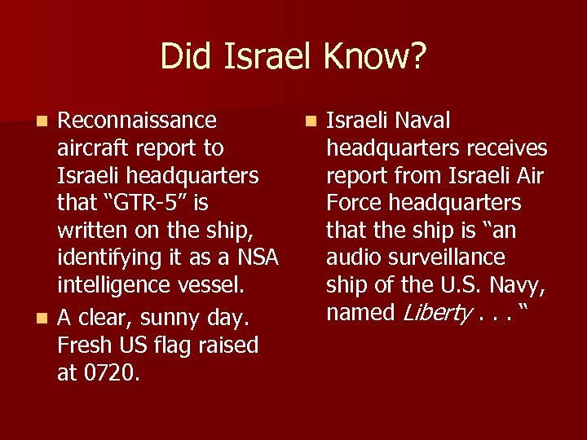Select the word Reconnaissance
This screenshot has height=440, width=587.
coord(137,121)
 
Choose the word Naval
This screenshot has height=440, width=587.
coord(422,121)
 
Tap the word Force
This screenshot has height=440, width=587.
coord(354,203)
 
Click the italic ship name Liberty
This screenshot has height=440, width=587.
coord(426,313)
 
